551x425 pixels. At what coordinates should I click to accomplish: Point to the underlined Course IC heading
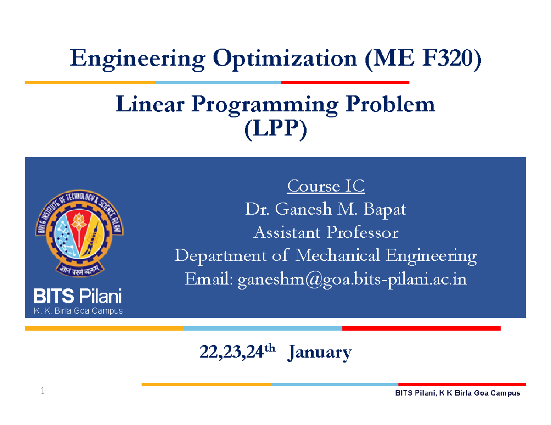[326, 187]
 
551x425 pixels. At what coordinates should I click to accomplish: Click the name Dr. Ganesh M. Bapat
[326, 210]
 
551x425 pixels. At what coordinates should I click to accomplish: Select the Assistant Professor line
[326, 233]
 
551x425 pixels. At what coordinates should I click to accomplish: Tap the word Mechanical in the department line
[337, 256]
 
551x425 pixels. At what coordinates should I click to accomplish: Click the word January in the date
[320, 353]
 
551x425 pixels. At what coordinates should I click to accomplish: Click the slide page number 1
[42, 391]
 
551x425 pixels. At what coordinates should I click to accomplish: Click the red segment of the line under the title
[345, 83]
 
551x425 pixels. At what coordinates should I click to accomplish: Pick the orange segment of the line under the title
[90, 83]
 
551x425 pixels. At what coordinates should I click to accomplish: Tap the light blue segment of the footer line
[334, 384]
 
